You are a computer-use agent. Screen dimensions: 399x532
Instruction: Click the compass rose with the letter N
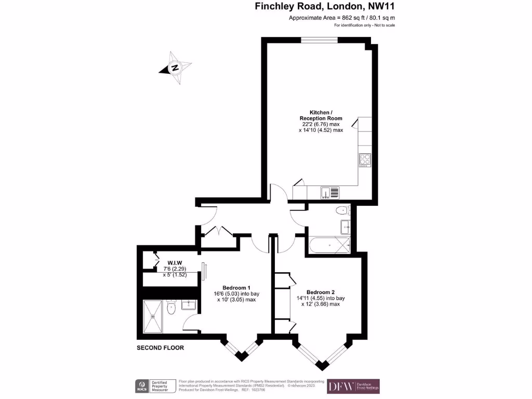(175, 68)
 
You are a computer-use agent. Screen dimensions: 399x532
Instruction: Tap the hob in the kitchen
(364, 161)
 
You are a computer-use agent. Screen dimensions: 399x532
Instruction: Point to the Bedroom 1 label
(236, 288)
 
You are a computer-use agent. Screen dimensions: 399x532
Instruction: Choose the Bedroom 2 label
(321, 291)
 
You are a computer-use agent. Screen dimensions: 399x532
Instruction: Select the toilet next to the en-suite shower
(172, 309)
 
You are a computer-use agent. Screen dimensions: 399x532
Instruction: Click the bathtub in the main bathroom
(328, 245)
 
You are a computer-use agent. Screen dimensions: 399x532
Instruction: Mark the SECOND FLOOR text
(160, 348)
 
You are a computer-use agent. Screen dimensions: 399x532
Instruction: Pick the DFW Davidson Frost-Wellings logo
(353, 386)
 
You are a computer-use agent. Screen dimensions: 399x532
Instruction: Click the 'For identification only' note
(364, 25)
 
